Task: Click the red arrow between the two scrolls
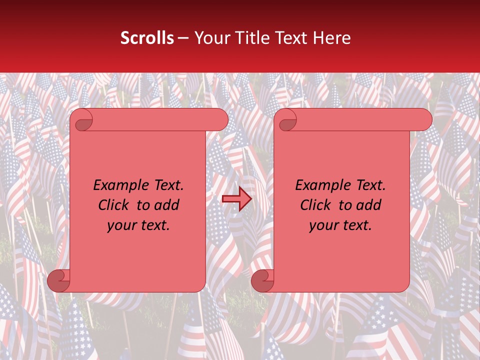pyautogui.click(x=236, y=199)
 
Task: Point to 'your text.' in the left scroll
pyautogui.click(x=138, y=225)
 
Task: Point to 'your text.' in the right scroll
pyautogui.click(x=340, y=225)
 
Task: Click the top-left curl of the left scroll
pyautogui.click(x=83, y=120)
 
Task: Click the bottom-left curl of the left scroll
pyautogui.click(x=58, y=280)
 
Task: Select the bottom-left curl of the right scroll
pyautogui.click(x=262, y=280)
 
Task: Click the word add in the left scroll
pyautogui.click(x=167, y=205)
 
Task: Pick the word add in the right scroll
pyautogui.click(x=369, y=205)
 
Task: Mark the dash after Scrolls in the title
pyautogui.click(x=183, y=38)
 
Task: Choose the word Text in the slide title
pyautogui.click(x=289, y=38)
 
